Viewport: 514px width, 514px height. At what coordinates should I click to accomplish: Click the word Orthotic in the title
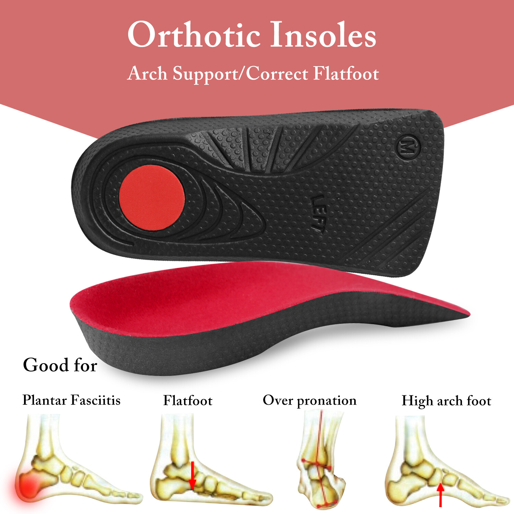tap(194, 35)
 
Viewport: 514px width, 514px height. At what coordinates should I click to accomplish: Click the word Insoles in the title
tap(323, 35)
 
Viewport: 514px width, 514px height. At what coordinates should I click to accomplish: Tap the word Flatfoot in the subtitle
tap(346, 74)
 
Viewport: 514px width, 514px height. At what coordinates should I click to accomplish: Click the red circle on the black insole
tap(152, 197)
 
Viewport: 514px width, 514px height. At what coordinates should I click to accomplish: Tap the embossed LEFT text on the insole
tap(318, 213)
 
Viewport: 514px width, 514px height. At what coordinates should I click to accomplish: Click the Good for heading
tap(60, 365)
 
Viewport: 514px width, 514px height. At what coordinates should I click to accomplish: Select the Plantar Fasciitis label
tap(71, 400)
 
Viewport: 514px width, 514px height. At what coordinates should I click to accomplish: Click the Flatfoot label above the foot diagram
tap(188, 401)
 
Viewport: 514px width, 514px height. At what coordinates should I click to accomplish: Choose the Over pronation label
tap(309, 401)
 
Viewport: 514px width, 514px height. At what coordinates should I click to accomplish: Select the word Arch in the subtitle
tap(147, 74)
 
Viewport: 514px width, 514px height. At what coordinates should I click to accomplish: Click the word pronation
tap(327, 401)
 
